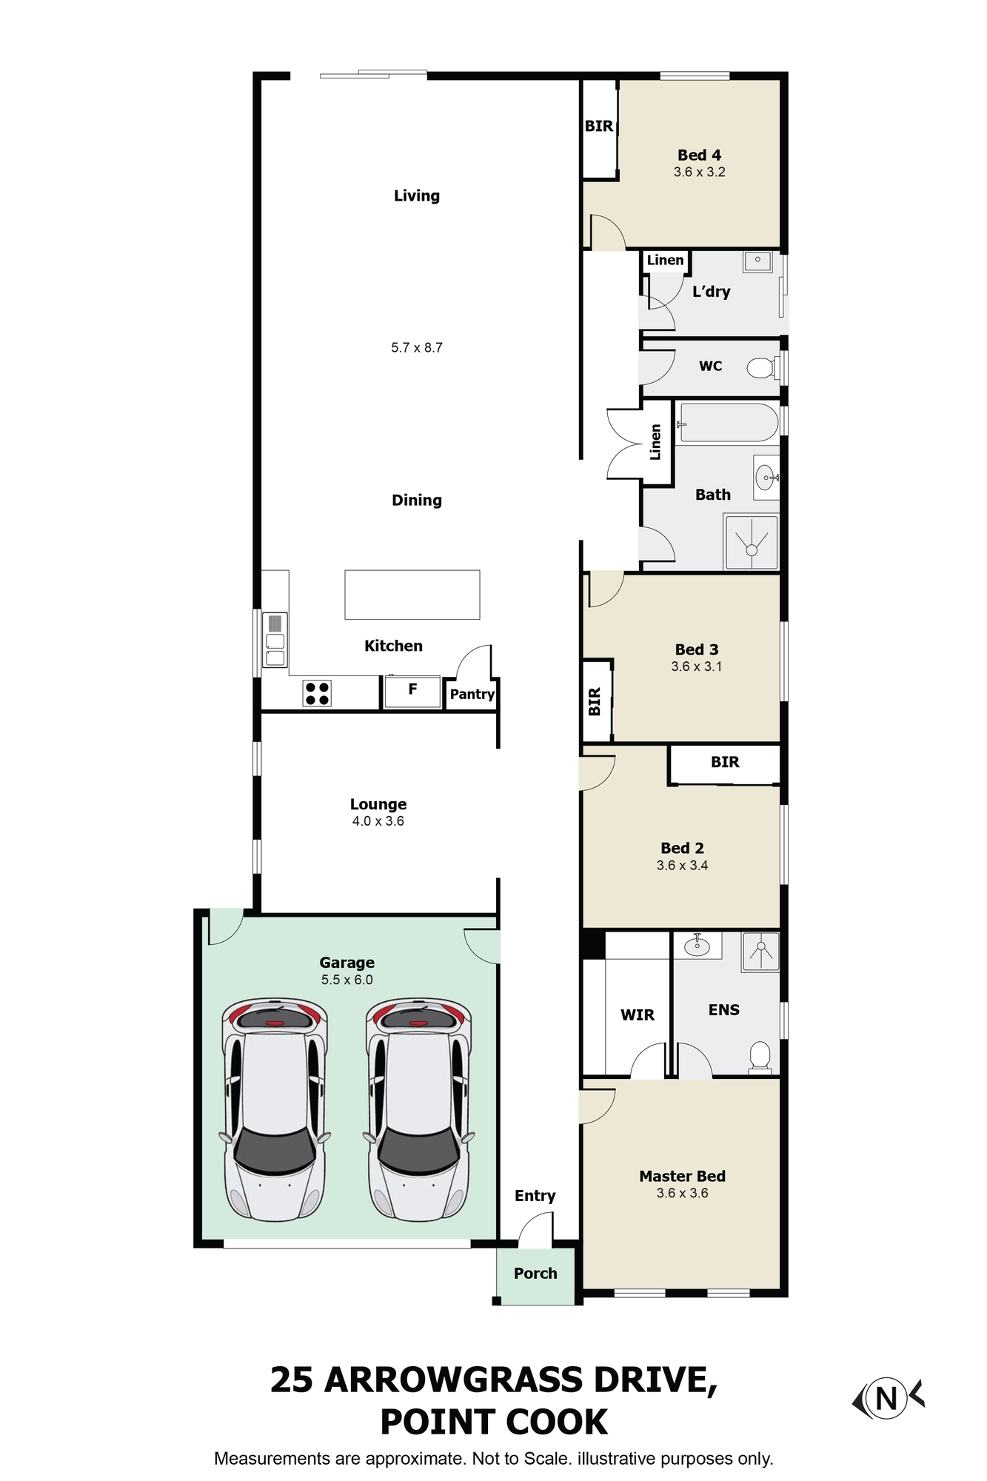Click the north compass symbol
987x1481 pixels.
(887, 1398)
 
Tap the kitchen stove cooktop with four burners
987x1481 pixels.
(317, 694)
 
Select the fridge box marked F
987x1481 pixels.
(412, 692)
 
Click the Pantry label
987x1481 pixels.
(472, 694)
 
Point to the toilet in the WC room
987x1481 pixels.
(760, 367)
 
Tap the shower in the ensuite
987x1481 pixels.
(760, 952)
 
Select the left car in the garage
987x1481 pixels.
(275, 1109)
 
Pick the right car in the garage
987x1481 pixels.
(418, 1109)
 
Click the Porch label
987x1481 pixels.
(535, 1273)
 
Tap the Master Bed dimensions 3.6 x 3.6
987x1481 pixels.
(682, 1193)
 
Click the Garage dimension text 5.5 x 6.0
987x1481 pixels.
(347, 980)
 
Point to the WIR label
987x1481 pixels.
(638, 1014)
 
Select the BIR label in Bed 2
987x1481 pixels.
(725, 762)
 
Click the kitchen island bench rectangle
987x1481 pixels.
(412, 595)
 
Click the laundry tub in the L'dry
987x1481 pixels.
(757, 262)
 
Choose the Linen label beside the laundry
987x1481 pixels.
(665, 260)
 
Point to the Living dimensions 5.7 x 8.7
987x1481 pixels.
(417, 347)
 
